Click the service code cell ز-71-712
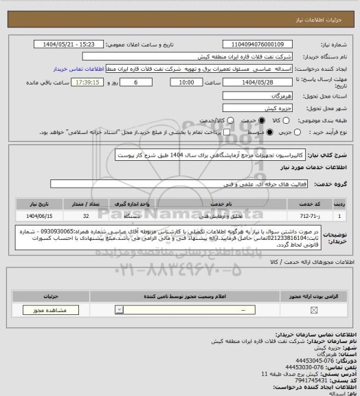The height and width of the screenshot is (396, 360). click(x=327, y=216)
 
